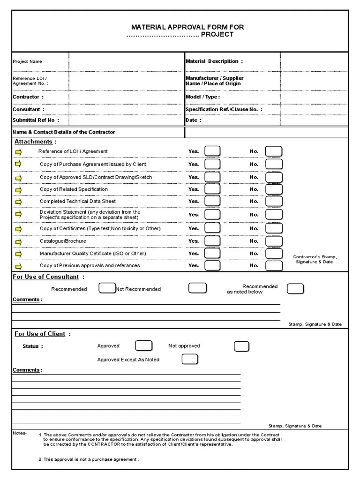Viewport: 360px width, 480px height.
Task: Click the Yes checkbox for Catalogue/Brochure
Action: [x=212, y=241]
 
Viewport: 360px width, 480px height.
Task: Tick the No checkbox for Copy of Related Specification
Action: [x=274, y=189]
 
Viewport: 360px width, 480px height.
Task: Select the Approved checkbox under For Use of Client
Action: [x=143, y=346]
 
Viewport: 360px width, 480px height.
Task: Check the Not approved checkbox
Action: [x=241, y=346]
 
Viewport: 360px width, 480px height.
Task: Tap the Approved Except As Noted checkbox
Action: [x=189, y=360]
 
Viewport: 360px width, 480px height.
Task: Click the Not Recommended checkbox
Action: [x=197, y=288]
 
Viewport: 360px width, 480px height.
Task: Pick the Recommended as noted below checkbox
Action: [x=295, y=288]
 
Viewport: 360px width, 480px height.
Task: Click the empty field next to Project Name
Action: [x=127, y=61]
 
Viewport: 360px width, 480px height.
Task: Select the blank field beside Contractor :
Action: [x=127, y=97]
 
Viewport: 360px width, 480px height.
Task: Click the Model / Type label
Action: [x=202, y=97]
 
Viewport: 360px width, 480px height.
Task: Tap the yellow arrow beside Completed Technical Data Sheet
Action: [x=19, y=202]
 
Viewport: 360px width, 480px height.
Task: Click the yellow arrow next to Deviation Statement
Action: [x=19, y=214]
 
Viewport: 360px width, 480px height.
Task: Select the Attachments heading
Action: [x=35, y=142]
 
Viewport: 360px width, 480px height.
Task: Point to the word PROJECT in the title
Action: [x=217, y=35]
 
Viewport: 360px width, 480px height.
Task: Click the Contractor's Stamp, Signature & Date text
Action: [x=315, y=259]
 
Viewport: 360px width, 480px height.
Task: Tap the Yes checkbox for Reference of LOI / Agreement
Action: [x=212, y=151]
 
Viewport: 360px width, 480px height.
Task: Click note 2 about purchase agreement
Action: [x=89, y=459]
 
